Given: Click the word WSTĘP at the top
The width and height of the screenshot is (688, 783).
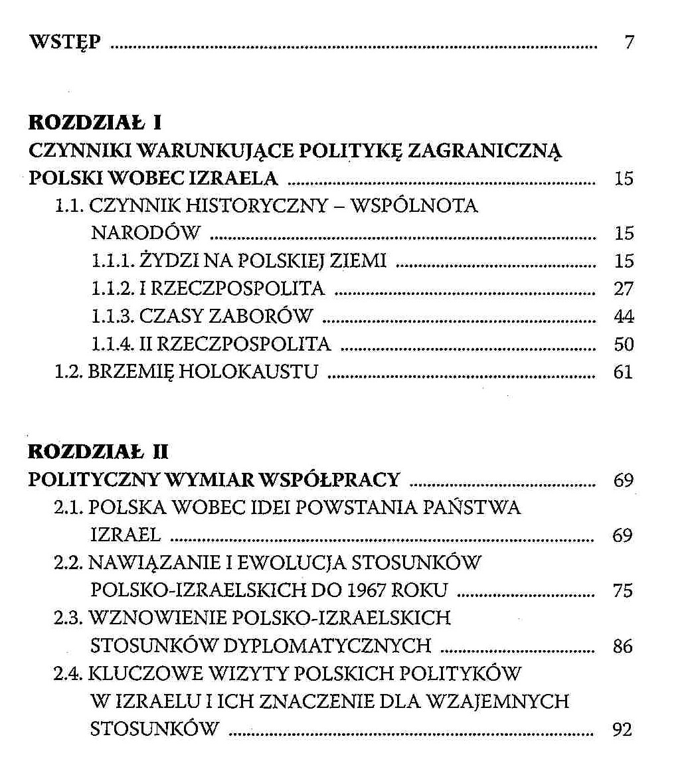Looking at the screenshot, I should click(x=65, y=43).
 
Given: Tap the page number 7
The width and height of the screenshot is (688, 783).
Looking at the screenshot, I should click(x=629, y=43).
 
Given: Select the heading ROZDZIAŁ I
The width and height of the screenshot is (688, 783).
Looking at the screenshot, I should click(x=96, y=123).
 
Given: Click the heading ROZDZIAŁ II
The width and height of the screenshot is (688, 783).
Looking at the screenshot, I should click(x=99, y=452).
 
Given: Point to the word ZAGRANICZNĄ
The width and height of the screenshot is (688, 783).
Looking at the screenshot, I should click(x=484, y=151).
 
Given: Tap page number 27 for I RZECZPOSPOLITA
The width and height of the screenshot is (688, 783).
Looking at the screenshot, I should click(x=624, y=289).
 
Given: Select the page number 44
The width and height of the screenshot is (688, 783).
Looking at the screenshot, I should click(x=624, y=317).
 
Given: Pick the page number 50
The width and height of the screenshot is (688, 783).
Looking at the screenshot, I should click(x=624, y=345).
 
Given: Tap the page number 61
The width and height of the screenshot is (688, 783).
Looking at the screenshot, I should click(x=623, y=372).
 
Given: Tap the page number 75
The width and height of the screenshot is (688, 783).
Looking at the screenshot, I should click(x=623, y=590).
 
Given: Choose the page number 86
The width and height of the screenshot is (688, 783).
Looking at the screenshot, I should click(x=623, y=646).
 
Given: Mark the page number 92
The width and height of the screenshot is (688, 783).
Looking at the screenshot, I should click(x=622, y=730).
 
